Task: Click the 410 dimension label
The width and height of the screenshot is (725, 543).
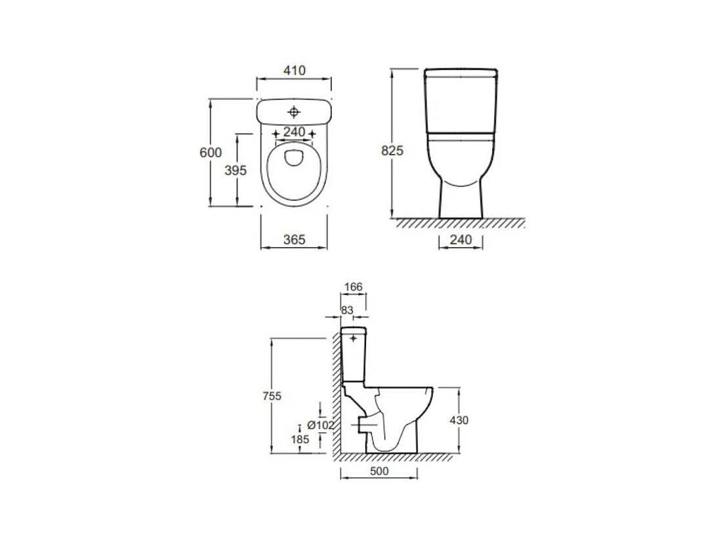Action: [295, 70]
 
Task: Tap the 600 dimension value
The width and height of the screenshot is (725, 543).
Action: [211, 152]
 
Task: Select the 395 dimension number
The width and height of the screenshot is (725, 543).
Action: [236, 170]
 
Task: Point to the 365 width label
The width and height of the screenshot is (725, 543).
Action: [295, 239]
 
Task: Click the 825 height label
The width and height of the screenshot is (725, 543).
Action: [392, 150]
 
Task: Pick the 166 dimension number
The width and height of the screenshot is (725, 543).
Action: [353, 287]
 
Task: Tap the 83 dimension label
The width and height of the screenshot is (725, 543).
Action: [347, 310]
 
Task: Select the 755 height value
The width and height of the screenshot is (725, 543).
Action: [272, 396]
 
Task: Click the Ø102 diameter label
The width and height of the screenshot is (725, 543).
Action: [320, 425]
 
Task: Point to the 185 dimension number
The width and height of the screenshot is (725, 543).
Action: [300, 439]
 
